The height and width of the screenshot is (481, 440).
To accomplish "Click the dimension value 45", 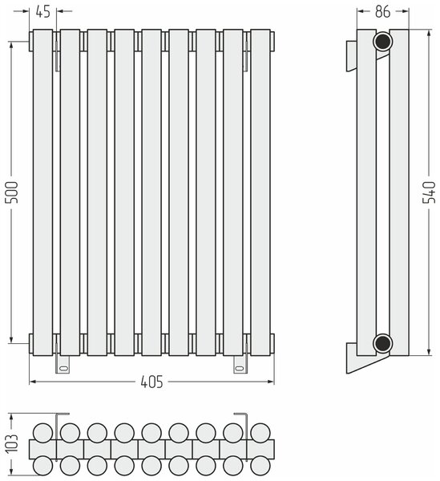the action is tap(43, 12).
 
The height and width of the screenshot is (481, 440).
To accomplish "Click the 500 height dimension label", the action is tap(13, 192).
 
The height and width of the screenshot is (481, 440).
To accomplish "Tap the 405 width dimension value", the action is tap(151, 382).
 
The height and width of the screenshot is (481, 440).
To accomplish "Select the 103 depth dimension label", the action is tap(13, 443).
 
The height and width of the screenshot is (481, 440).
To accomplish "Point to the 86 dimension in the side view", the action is tap(382, 12).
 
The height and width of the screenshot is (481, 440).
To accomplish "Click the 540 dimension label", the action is tap(429, 192).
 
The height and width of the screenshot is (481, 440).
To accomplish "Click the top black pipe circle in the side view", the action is tap(382, 42).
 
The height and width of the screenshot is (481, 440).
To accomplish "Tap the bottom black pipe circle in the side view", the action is tap(382, 343).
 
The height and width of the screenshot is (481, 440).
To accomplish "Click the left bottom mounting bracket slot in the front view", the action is tap(64, 368).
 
